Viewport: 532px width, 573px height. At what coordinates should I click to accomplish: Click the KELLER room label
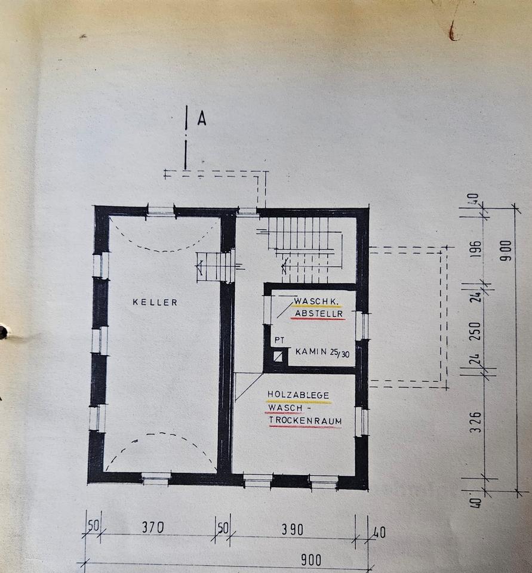[x=155, y=303]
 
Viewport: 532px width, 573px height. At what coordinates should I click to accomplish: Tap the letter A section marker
[x=201, y=120]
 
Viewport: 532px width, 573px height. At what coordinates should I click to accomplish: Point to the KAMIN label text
[x=310, y=352]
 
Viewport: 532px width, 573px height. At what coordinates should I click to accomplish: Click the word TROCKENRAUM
[x=306, y=421]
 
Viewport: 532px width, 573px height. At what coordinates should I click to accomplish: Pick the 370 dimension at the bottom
[x=153, y=528]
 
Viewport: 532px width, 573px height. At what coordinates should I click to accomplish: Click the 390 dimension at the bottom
[x=293, y=529]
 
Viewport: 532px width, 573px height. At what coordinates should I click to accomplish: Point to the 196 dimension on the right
[x=475, y=248]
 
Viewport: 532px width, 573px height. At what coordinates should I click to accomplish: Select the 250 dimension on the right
[x=475, y=331]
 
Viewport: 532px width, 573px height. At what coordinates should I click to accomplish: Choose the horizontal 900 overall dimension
[x=310, y=560]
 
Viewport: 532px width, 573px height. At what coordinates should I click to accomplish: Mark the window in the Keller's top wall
[x=161, y=210]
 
